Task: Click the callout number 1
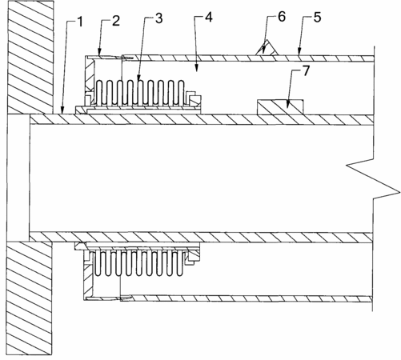tap(80, 22)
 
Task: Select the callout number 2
tap(116, 21)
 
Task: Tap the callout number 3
tap(158, 18)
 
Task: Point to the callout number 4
tap(209, 18)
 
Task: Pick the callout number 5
tap(317, 18)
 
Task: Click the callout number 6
tap(282, 17)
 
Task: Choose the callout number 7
tap(306, 71)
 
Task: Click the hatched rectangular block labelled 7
tap(280, 107)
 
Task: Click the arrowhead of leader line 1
tap(62, 112)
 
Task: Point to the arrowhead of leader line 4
tap(197, 69)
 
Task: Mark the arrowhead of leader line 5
tap(299, 52)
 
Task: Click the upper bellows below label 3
tap(140, 93)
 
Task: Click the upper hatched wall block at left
tap(30, 58)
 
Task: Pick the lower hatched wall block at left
tap(29, 298)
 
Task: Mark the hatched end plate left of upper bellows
tap(90, 76)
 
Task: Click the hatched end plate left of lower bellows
tap(88, 278)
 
